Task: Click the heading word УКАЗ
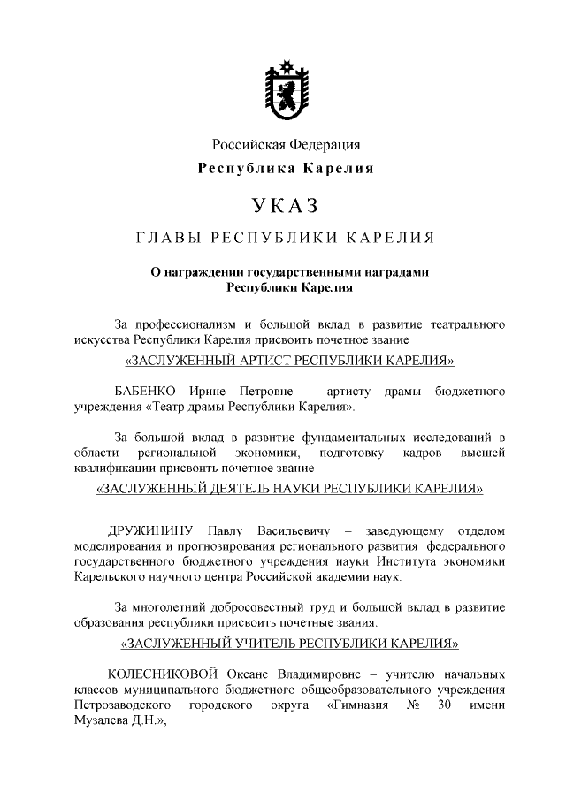click(284, 205)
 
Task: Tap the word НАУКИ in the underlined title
click(348, 487)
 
